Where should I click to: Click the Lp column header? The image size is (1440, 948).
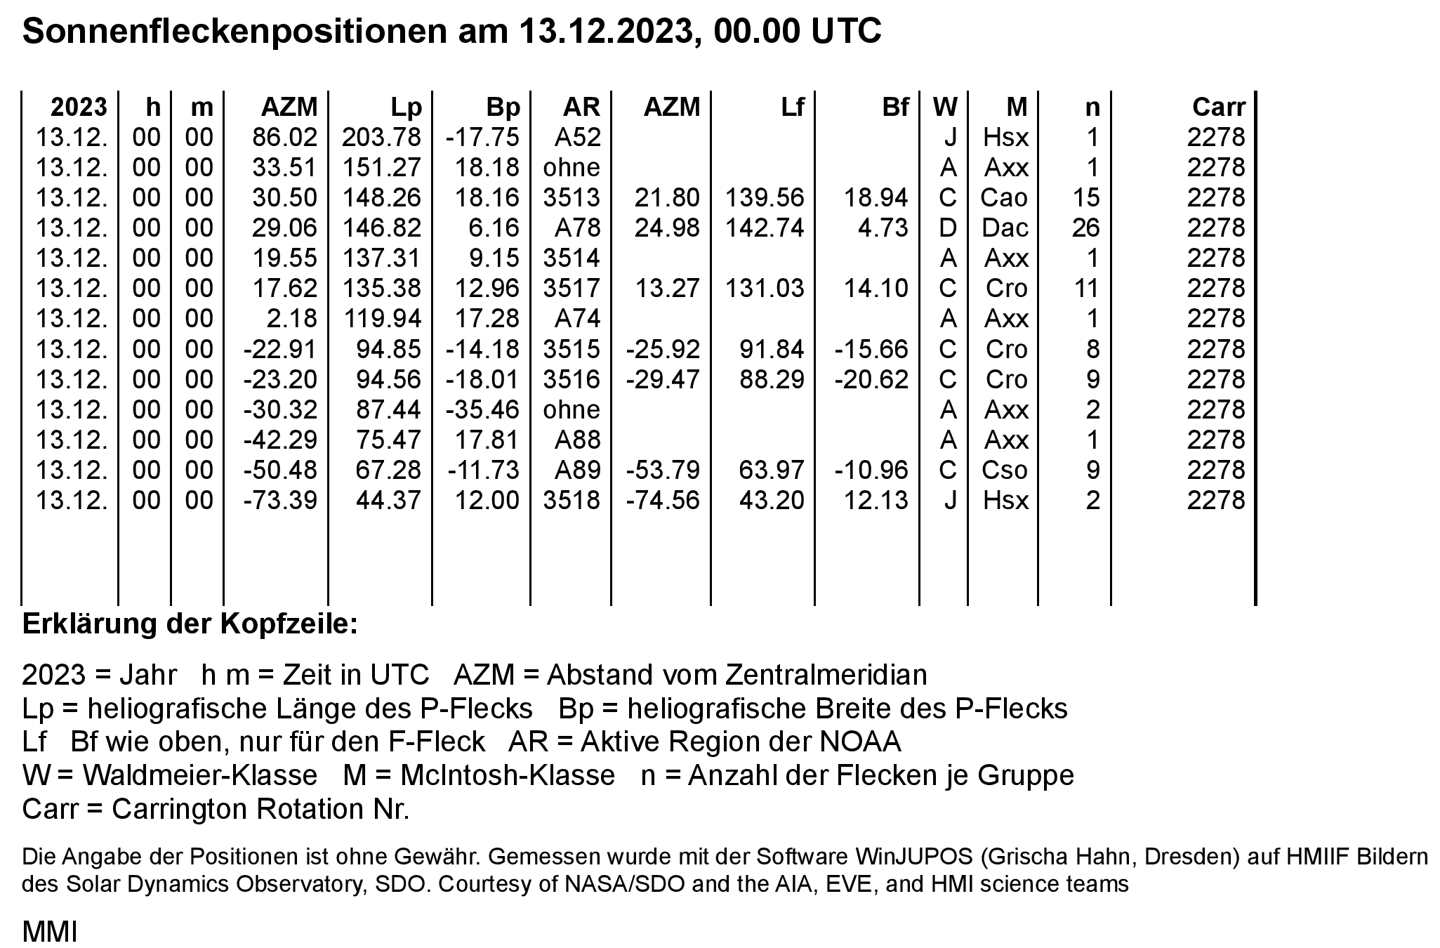click(x=407, y=107)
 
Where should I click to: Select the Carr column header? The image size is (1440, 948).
click(x=1218, y=107)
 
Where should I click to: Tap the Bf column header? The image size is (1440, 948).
click(x=895, y=107)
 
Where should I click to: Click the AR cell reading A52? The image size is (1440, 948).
click(x=577, y=137)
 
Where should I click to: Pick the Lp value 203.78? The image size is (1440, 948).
click(x=381, y=137)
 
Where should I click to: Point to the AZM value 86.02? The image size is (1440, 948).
click(x=284, y=137)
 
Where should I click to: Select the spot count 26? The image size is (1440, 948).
click(x=1085, y=228)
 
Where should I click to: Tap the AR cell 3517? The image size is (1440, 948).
click(x=572, y=288)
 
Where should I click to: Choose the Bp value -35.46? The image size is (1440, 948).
click(x=482, y=409)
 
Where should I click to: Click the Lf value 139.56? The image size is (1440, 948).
click(x=765, y=197)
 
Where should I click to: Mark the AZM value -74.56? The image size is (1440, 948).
click(x=663, y=499)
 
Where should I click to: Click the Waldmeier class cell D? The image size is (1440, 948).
click(x=947, y=228)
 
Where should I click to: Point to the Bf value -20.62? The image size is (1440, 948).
click(x=871, y=378)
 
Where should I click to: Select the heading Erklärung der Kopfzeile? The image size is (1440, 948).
click(x=190, y=624)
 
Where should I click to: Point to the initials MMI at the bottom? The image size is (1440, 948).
click(x=49, y=932)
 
